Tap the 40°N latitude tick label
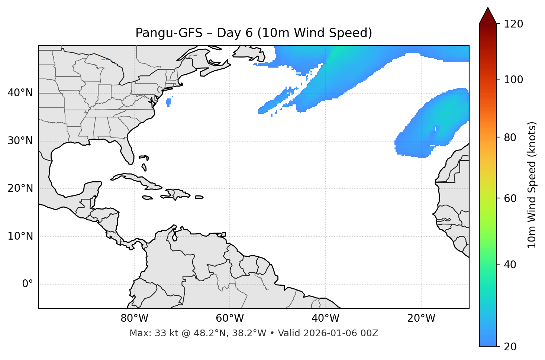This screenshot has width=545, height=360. [x=20, y=93]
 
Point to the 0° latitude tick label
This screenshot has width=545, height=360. [x=28, y=284]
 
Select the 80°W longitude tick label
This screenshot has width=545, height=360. [x=134, y=318]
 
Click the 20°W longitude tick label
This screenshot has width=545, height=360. [x=421, y=318]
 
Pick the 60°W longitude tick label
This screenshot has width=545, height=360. [x=230, y=318]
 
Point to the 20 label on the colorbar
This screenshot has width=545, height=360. [x=510, y=347]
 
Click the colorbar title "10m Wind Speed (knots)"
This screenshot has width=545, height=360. [x=532, y=185]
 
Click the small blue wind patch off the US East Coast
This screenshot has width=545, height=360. [x=168, y=101]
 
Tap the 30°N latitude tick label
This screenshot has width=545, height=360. [x=20, y=141]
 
